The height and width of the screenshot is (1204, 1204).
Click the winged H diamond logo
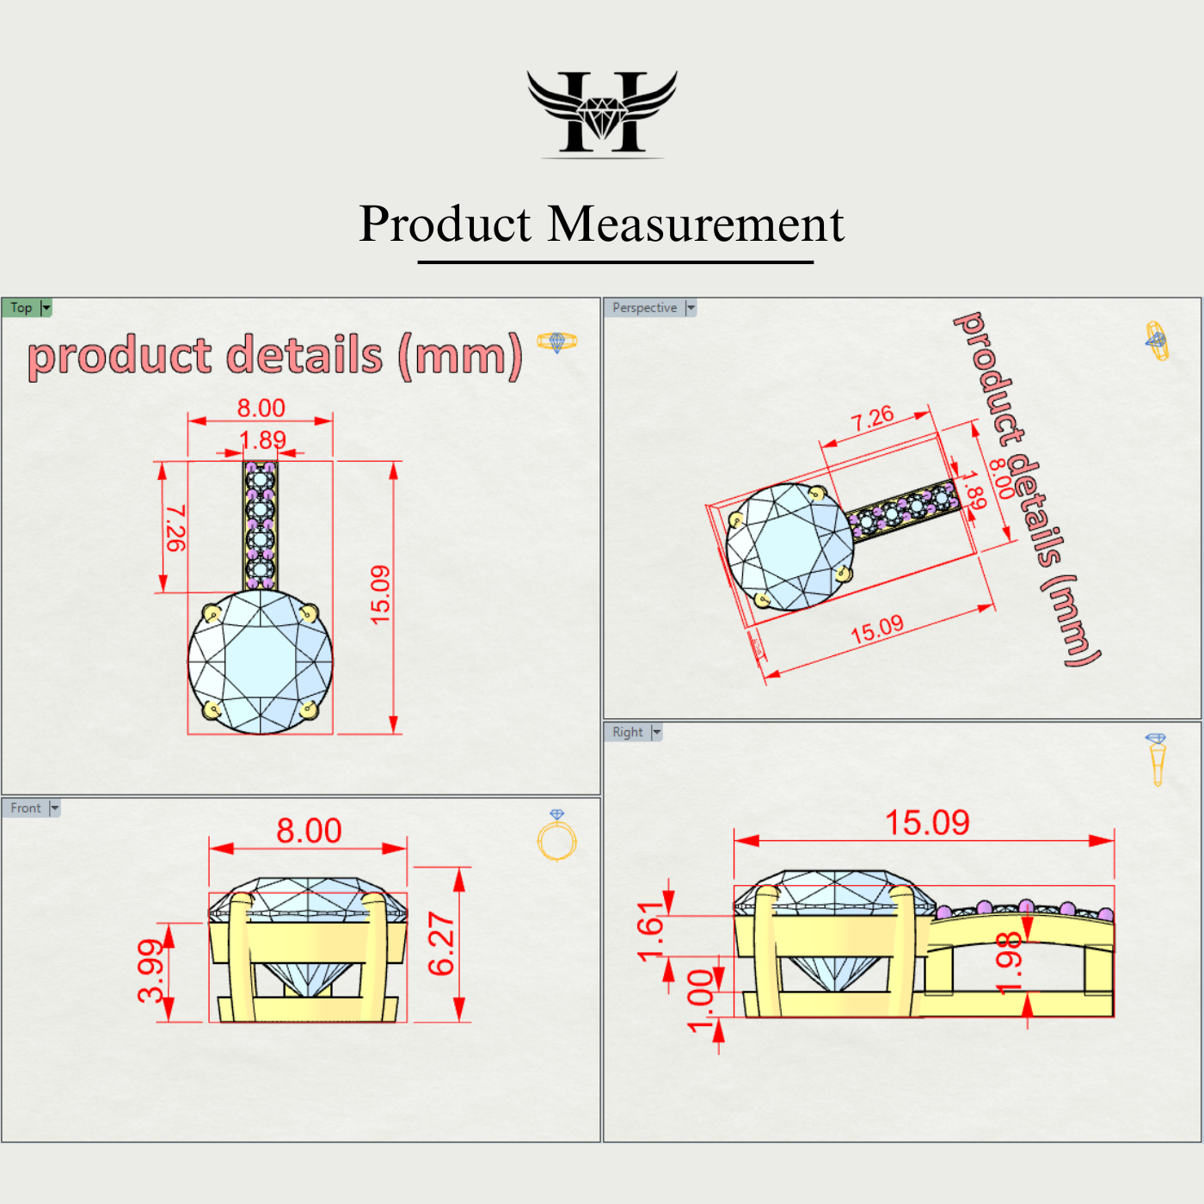pos(602,113)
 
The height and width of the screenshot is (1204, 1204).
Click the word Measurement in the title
pos(696,224)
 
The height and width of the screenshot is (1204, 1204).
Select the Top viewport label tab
pos(21,308)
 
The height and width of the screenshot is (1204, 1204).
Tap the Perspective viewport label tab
pos(645,308)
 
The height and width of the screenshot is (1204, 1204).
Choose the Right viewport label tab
pos(628,732)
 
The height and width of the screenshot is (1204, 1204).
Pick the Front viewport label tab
pos(26,808)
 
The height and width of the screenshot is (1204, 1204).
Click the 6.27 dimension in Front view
pos(440,943)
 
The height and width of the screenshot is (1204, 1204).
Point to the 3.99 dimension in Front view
pos(150,972)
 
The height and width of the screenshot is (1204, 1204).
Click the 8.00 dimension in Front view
pos(309,831)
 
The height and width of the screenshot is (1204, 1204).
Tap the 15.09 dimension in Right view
pos(927,823)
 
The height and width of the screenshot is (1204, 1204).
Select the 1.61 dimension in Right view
pos(650,931)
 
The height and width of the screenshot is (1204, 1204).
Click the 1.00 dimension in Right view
pos(700,999)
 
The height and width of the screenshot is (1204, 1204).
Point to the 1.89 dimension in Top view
pos(262,440)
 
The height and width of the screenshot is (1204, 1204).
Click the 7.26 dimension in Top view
pos(175,528)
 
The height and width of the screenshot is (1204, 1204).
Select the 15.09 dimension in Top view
pos(379,594)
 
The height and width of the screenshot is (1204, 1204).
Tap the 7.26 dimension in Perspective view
pos(872,419)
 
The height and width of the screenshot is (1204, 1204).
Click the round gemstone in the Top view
pos(261,661)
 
